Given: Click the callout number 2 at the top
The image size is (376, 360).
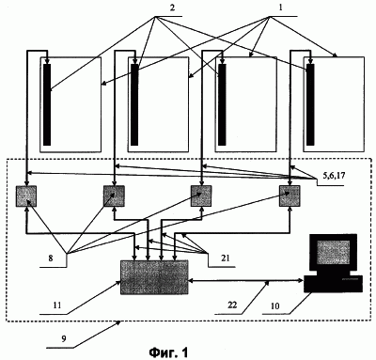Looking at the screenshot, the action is click(x=172, y=8).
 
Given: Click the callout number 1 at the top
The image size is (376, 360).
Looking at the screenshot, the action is click(x=281, y=8).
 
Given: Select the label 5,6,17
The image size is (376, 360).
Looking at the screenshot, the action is click(x=334, y=176).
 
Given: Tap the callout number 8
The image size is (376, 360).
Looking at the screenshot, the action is click(x=51, y=258).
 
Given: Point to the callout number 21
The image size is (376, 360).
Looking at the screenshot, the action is click(x=225, y=258).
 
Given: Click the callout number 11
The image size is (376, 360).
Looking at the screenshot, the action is click(x=57, y=305).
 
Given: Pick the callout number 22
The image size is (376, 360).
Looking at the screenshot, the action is click(x=232, y=305).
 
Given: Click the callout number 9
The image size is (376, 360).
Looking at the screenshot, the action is click(x=64, y=339).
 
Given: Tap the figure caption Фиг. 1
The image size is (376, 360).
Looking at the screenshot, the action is click(x=169, y=352).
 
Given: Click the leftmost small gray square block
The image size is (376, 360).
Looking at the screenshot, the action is click(x=26, y=196).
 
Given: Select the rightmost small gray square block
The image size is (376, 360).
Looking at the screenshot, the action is click(x=290, y=196).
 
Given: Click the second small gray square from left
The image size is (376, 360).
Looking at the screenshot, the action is click(x=114, y=196).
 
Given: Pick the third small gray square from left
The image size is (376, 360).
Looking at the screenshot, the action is click(x=201, y=196).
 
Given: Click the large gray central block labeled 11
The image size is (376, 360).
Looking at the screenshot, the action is click(x=154, y=277).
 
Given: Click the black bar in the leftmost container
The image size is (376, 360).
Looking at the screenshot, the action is click(x=47, y=105).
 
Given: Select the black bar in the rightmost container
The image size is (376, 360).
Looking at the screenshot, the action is click(x=310, y=105).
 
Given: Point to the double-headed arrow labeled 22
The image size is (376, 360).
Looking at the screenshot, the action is click(x=246, y=281).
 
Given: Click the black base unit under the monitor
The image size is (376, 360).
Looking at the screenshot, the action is click(x=333, y=284).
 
